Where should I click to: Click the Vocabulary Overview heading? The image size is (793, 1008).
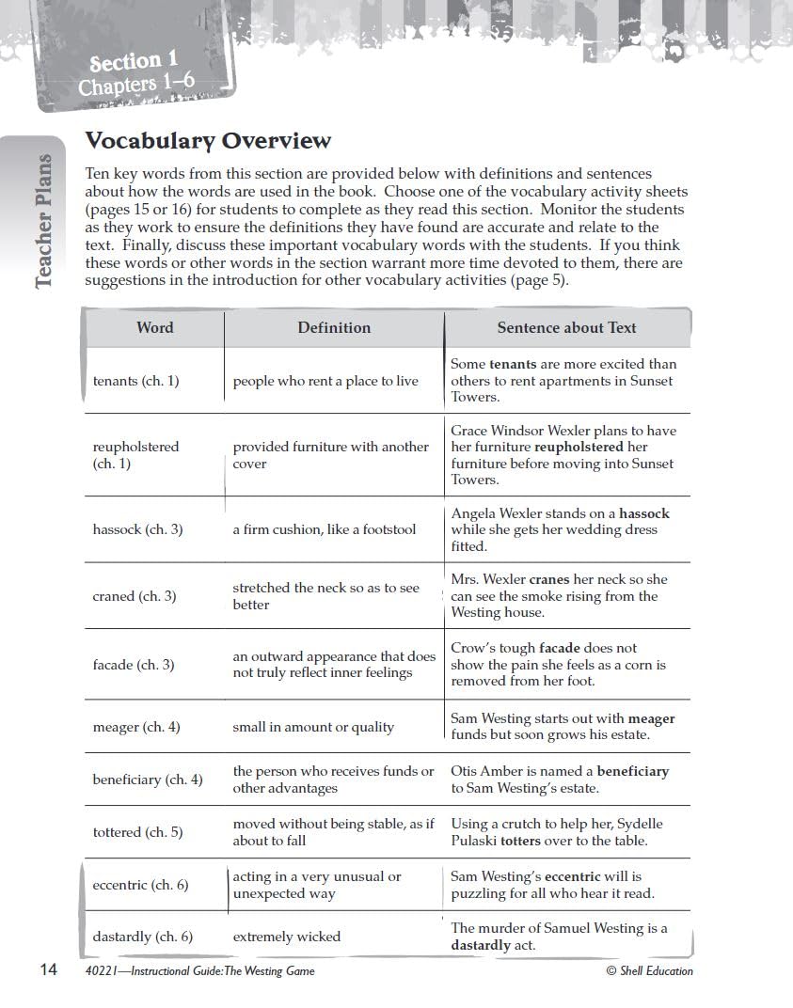pos(208,141)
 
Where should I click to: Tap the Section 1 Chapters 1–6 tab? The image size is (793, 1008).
pos(135,74)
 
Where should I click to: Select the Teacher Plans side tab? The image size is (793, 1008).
pos(43,221)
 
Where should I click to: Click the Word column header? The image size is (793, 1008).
pos(154,327)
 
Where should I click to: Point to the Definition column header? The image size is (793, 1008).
pos(334,327)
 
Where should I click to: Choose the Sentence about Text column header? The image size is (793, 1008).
pos(566,327)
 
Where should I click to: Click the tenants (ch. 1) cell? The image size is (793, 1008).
pos(135,381)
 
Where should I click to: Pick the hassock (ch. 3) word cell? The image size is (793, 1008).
pos(137,529)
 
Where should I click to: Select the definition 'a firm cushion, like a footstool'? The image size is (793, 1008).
pos(324,529)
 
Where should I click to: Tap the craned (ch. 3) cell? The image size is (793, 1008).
pos(134,596)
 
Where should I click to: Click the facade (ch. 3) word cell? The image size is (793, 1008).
pos(133,665)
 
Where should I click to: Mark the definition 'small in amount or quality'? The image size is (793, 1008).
pos(313,727)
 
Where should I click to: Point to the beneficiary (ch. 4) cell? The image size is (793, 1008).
pos(147,780)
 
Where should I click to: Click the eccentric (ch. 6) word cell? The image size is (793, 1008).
pos(140,885)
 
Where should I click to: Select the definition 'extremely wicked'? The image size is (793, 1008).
pos(286,937)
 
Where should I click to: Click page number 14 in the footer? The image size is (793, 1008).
pos(49,970)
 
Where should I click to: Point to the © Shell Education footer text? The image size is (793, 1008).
pos(649,971)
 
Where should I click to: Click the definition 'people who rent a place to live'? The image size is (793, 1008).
pos(325,381)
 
